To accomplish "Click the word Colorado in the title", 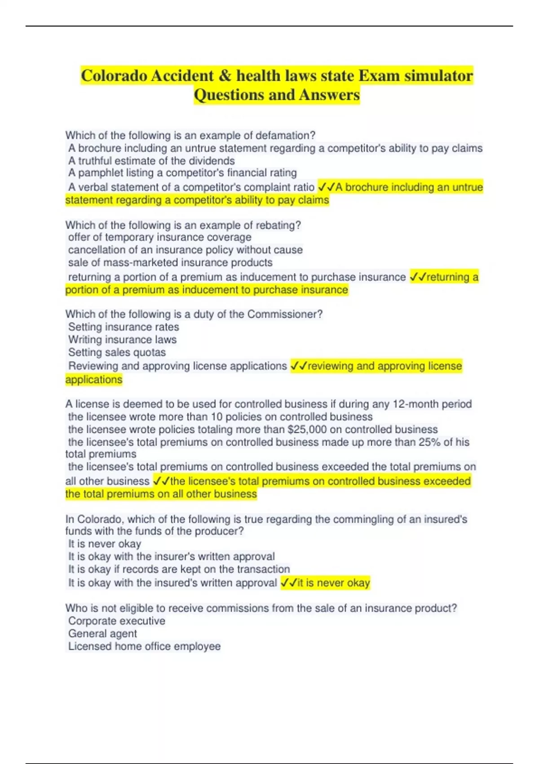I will click(x=115, y=76).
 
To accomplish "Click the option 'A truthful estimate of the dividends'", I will click(x=151, y=160).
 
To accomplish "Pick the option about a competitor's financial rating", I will click(x=182, y=173).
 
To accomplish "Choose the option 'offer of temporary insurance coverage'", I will click(x=159, y=237).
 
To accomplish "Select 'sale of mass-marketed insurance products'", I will click(x=170, y=262).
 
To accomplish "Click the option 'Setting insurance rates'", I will click(x=124, y=327).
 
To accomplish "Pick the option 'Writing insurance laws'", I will click(x=122, y=339).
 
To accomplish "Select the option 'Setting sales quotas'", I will click(x=117, y=352).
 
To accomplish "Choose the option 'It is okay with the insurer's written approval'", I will click(x=171, y=556).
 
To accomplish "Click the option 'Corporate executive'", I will click(x=117, y=621).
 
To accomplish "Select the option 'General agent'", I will click(x=102, y=633).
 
